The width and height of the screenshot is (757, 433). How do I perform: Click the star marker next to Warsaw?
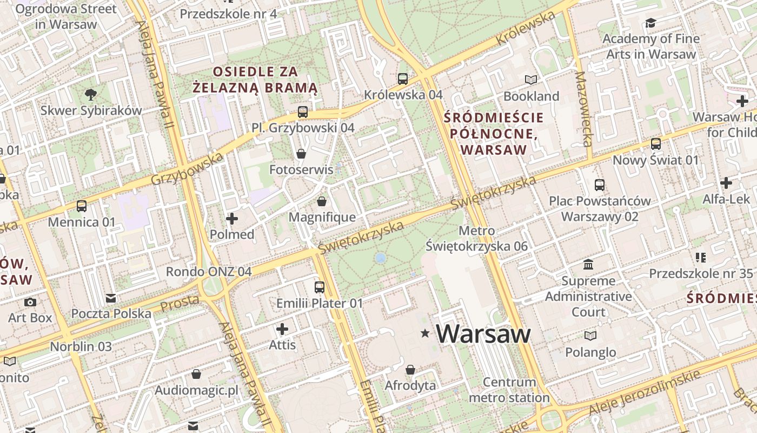point(426,334)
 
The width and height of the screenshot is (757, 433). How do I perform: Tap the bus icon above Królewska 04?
point(403,79)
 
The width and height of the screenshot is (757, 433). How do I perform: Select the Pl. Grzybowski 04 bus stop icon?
point(303,112)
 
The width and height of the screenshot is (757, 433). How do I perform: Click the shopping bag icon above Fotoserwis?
point(301,154)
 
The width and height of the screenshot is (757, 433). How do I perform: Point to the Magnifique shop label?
point(322,217)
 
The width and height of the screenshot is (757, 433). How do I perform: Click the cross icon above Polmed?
point(232,219)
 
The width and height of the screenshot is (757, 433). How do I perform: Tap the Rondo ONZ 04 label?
point(209,272)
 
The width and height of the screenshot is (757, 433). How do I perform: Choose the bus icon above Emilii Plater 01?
point(320,287)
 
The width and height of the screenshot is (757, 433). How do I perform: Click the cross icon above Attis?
point(282,329)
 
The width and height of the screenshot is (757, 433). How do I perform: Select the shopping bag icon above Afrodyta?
point(410,370)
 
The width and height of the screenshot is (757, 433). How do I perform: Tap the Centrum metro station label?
point(509,390)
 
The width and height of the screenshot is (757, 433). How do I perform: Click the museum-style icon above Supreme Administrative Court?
point(588,265)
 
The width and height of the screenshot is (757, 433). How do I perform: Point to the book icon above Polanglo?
point(590,336)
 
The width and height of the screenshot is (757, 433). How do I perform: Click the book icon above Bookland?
point(532,80)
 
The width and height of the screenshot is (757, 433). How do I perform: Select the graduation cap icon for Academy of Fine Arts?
point(650,23)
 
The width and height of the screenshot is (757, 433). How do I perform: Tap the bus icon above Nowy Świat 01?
point(656,144)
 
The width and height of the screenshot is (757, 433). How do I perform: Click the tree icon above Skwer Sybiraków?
point(91,95)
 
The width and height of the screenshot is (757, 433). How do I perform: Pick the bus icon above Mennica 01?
point(82,206)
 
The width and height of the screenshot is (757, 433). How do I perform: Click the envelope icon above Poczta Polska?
point(111,298)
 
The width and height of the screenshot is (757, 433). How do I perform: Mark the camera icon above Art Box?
point(30,302)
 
